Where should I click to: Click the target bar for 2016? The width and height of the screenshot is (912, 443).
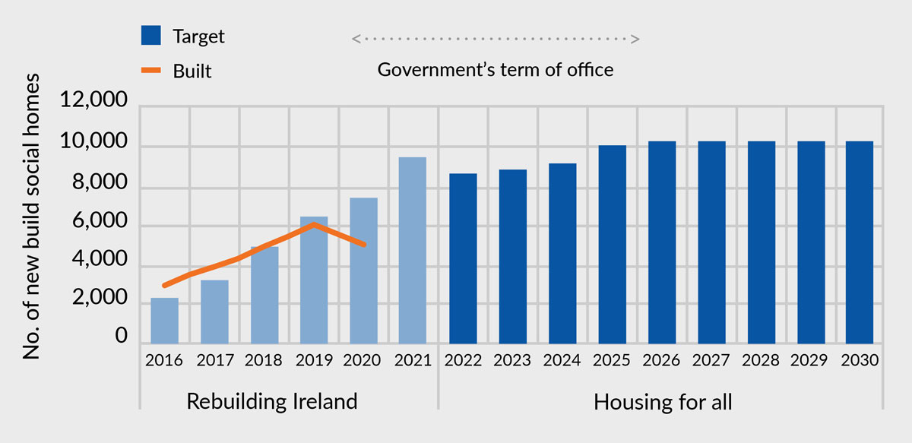point(164,321)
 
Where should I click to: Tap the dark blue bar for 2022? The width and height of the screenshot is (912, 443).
point(463,259)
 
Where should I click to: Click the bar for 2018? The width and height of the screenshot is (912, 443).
point(264,295)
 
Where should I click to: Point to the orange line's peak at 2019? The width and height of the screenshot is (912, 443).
point(315,224)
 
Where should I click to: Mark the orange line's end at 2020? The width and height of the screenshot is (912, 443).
point(364,245)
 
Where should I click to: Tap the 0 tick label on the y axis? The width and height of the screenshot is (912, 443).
point(122,336)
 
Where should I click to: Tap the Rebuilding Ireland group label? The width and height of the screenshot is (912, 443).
point(272,401)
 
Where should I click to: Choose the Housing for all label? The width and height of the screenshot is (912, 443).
point(663,401)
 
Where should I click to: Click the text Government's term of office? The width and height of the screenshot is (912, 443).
point(495,70)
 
